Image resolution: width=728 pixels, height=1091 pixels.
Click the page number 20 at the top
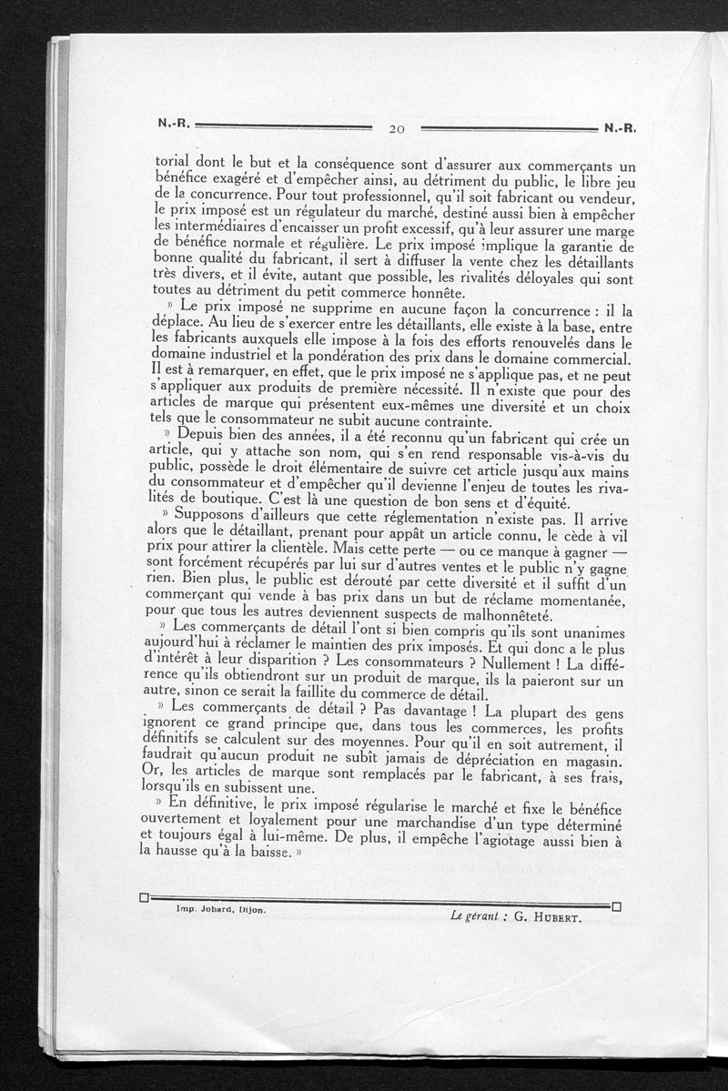pos(396,129)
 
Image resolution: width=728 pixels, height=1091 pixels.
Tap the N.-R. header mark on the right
pos(617,128)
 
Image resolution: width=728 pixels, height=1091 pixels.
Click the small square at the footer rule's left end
pos(144,899)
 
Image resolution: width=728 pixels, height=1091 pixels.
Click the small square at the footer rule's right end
pos(617,906)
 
